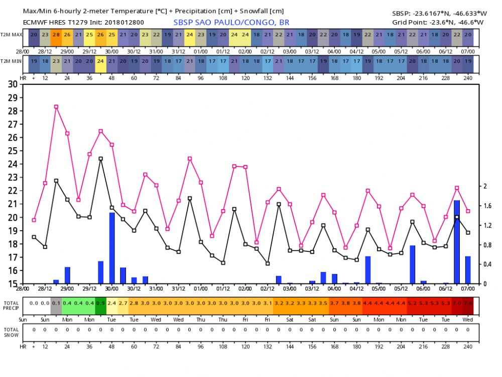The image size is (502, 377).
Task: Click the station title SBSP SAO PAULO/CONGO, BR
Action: click(231, 23)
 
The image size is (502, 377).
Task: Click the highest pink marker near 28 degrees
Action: click(56, 107)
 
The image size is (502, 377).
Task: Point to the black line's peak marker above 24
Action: click(100, 159)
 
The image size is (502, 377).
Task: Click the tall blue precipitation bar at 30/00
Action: click(112, 248)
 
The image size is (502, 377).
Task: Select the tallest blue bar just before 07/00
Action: click(457, 242)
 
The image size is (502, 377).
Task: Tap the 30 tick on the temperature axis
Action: click(13, 84)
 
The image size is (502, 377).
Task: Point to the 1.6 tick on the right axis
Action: click(487, 206)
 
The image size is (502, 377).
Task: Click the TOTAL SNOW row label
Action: click(11, 332)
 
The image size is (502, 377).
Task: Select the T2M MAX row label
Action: click(11, 35)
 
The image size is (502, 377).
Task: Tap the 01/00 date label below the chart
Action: click(201, 289)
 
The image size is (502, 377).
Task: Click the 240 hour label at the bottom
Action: click(468, 346)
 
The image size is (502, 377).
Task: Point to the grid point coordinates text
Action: click(438, 23)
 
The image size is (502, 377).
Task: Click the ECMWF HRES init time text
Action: click(83, 23)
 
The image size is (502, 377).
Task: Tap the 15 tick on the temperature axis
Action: click(13, 284)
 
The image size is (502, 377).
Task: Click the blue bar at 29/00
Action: click(67, 275)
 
